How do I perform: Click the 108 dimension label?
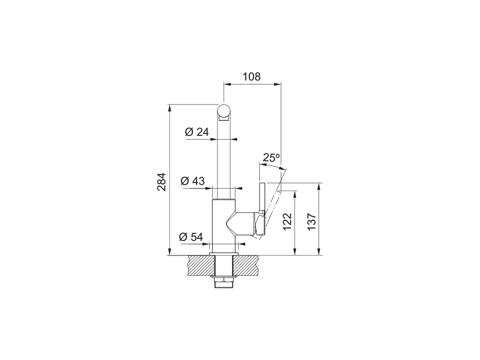click(252, 76)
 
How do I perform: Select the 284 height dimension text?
click(161, 181)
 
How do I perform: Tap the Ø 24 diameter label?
click(197, 132)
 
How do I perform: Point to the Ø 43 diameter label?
click(193, 181)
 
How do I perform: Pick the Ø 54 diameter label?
click(191, 237)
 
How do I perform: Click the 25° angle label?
click(271, 158)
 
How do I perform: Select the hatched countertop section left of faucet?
click(199, 266)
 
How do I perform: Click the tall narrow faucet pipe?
click(225, 159)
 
